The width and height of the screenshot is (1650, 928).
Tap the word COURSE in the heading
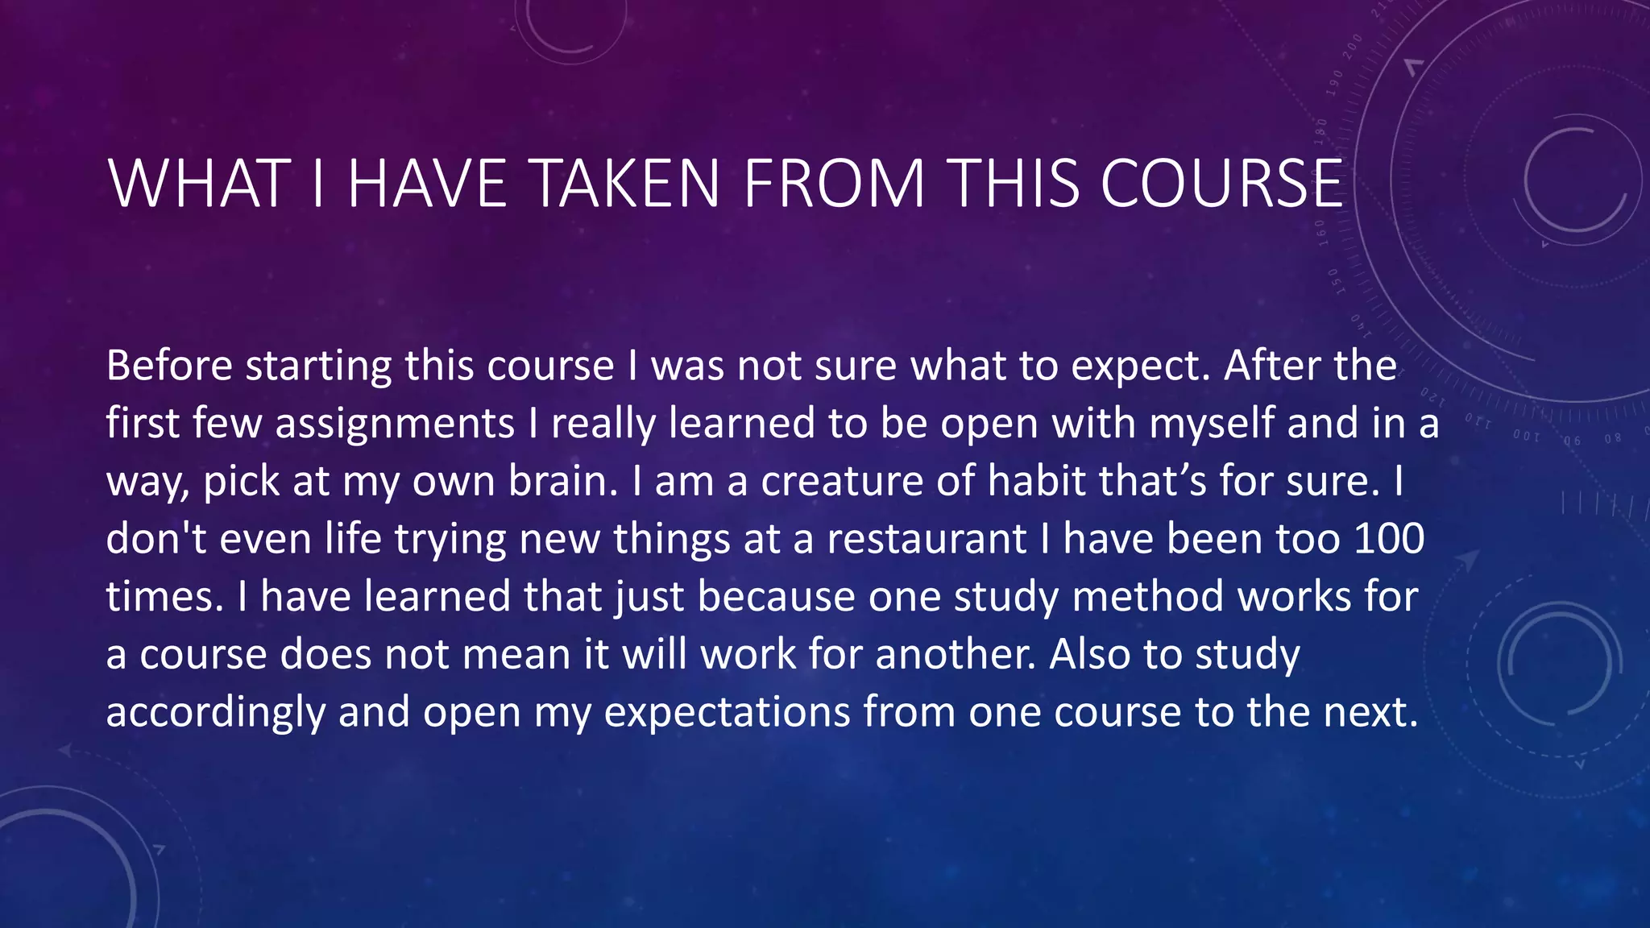pos(1221,184)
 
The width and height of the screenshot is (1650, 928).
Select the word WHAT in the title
pos(200,184)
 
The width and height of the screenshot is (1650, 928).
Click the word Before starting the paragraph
pos(169,366)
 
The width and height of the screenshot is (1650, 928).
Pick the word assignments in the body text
pos(395,424)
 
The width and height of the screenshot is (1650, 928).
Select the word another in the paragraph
pos(954,654)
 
